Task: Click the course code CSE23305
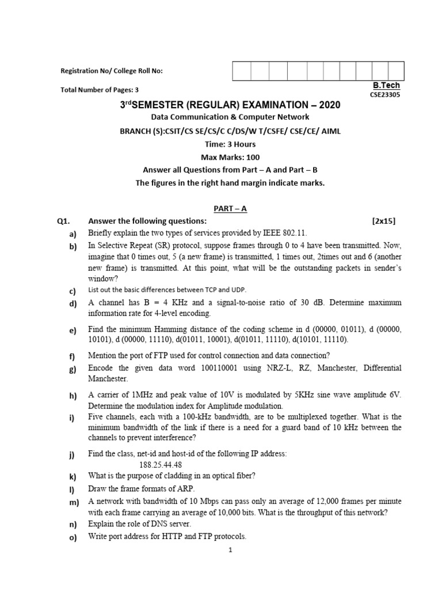pos(386,95)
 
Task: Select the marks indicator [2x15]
pos(384,221)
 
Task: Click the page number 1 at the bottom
pos(230,550)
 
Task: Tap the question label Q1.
pos(63,221)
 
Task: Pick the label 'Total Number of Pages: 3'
pos(100,90)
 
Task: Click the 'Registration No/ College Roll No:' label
pos(112,71)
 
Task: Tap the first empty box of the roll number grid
pos(242,71)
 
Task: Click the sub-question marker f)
pos(73,357)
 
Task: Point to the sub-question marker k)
pos(73,476)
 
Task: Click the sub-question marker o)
pos(73,537)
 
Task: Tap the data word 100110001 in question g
pos(217,368)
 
